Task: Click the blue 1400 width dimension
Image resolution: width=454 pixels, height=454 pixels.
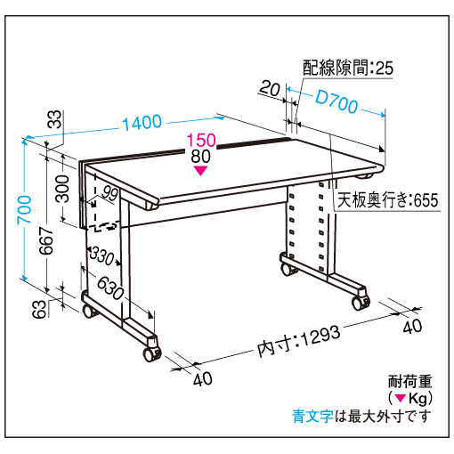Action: click(x=142, y=122)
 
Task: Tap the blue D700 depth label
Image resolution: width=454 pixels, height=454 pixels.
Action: click(x=336, y=101)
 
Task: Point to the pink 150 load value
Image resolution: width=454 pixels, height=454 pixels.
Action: click(x=201, y=140)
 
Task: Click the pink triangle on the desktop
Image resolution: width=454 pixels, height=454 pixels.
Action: click(x=201, y=171)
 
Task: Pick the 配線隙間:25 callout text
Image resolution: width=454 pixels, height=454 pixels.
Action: click(x=348, y=68)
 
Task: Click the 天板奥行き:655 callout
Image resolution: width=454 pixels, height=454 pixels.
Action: click(x=388, y=200)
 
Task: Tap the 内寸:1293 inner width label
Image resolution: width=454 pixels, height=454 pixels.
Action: click(x=298, y=341)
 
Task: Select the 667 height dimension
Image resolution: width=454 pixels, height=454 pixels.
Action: click(x=46, y=240)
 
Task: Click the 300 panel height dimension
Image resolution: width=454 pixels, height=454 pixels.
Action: click(x=62, y=189)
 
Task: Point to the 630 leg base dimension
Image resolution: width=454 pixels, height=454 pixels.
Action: click(x=110, y=288)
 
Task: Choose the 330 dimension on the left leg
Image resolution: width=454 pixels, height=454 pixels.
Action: click(x=101, y=255)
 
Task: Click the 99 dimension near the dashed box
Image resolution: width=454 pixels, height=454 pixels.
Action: click(x=109, y=194)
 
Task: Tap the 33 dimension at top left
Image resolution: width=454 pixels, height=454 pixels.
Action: click(x=54, y=119)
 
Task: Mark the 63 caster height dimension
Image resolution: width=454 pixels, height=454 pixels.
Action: click(x=40, y=309)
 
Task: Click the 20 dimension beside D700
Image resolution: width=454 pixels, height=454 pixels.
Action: click(x=270, y=88)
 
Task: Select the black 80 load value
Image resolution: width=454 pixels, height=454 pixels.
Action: click(x=201, y=156)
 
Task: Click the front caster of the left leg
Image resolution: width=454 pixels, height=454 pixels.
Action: click(x=151, y=353)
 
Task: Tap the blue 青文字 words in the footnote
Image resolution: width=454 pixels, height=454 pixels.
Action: click(x=312, y=416)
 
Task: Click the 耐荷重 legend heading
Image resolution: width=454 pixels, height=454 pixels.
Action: click(x=410, y=381)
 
